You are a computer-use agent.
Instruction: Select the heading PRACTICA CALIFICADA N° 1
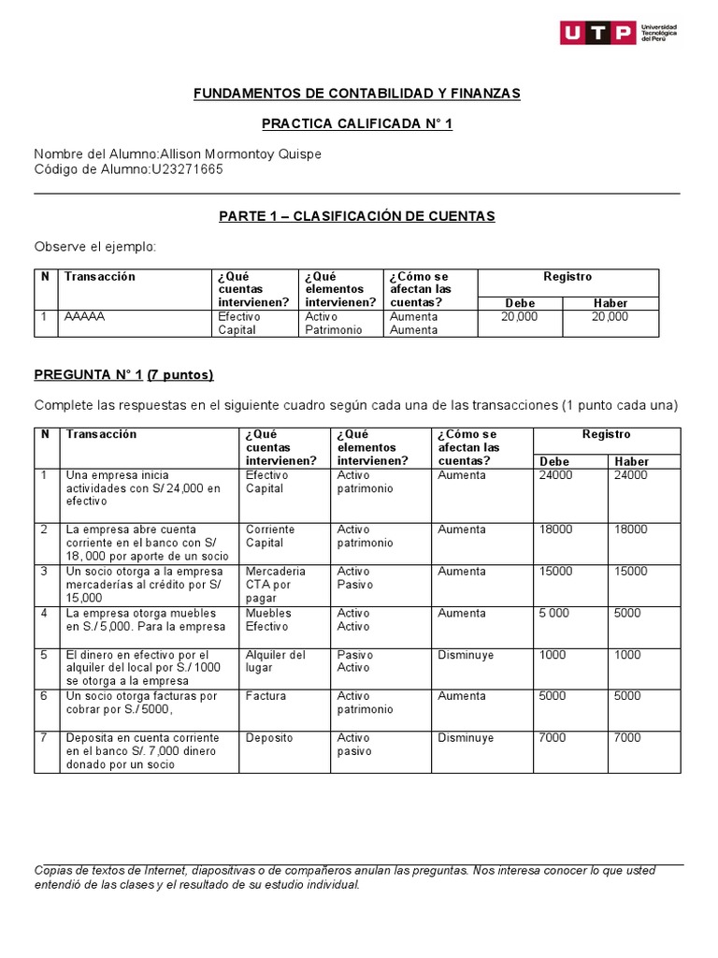356,123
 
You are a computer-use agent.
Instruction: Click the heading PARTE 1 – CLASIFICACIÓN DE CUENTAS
356,216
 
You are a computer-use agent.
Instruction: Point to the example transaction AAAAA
84,316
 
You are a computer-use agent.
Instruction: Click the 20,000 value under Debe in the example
519,316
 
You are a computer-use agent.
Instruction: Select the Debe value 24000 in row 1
555,475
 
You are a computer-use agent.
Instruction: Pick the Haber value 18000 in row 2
630,530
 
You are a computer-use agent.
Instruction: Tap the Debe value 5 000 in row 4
554,614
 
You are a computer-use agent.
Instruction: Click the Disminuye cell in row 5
466,655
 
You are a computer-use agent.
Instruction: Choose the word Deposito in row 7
269,738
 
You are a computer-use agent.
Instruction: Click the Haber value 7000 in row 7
627,738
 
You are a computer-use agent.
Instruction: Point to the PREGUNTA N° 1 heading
88,375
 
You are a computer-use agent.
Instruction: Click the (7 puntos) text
179,375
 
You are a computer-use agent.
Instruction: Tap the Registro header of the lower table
606,434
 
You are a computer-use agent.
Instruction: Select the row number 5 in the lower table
43,655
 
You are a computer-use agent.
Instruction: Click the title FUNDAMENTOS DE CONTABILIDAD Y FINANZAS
356,94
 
